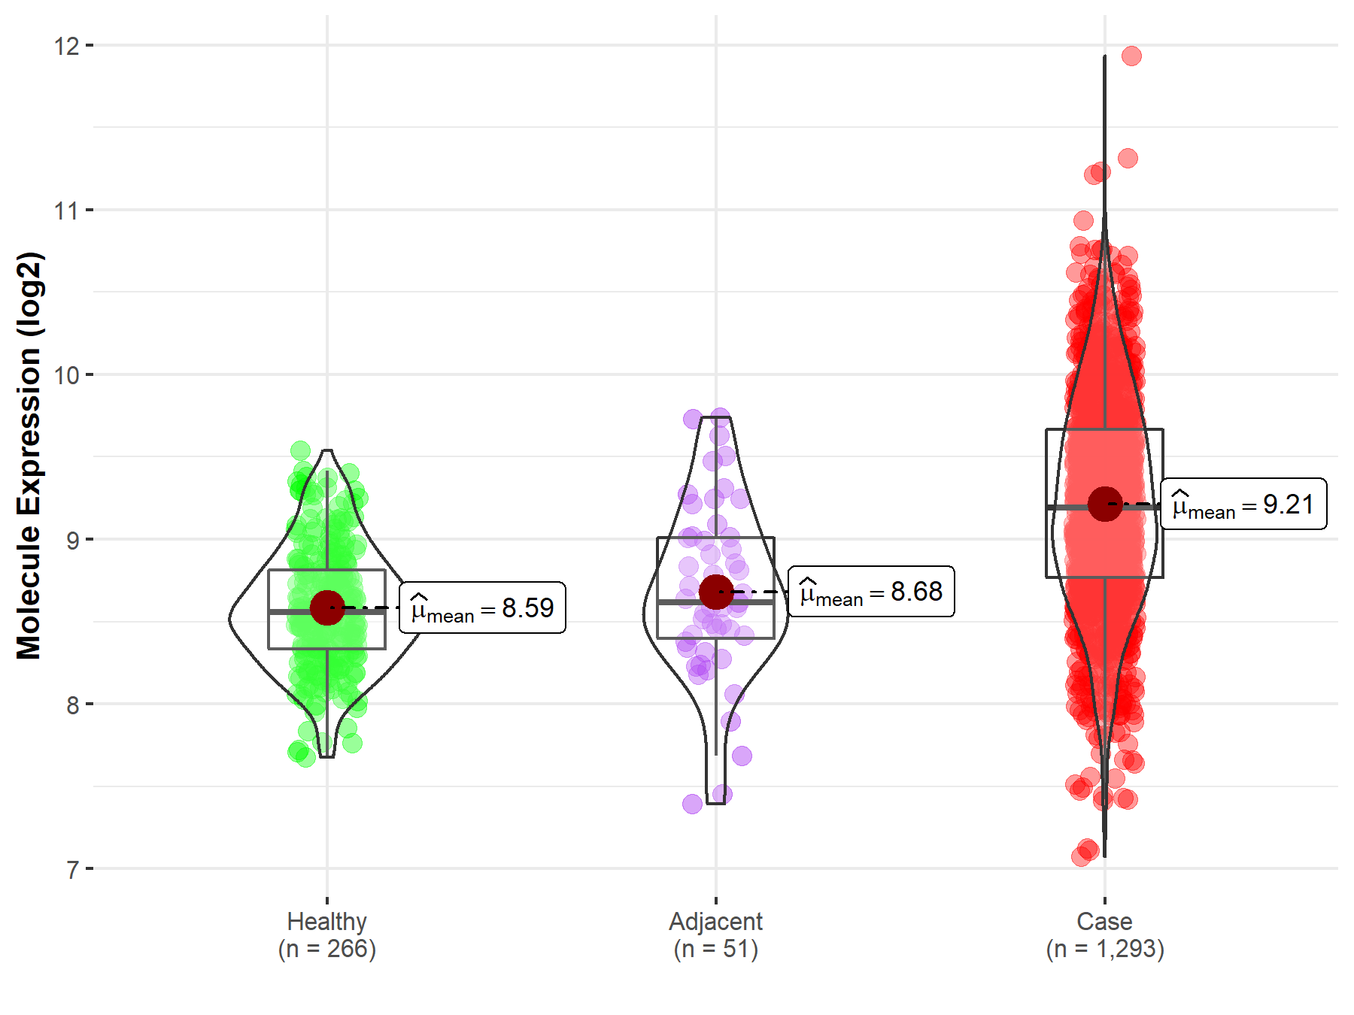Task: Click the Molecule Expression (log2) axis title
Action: point(29,456)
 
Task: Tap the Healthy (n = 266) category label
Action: point(327,935)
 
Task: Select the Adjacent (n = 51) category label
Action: point(716,935)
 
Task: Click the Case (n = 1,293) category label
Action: point(1105,935)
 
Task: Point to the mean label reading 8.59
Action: point(482,607)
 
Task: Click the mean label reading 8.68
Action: point(871,592)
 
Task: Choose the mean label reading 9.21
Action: point(1243,504)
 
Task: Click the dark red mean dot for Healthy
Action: point(327,607)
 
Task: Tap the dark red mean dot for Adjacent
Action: point(716,592)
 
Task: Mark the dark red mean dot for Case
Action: point(1105,504)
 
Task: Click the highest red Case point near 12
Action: point(1131,56)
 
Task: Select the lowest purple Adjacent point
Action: point(692,804)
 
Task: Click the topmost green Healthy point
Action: point(300,450)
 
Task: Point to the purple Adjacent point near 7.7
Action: point(742,756)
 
